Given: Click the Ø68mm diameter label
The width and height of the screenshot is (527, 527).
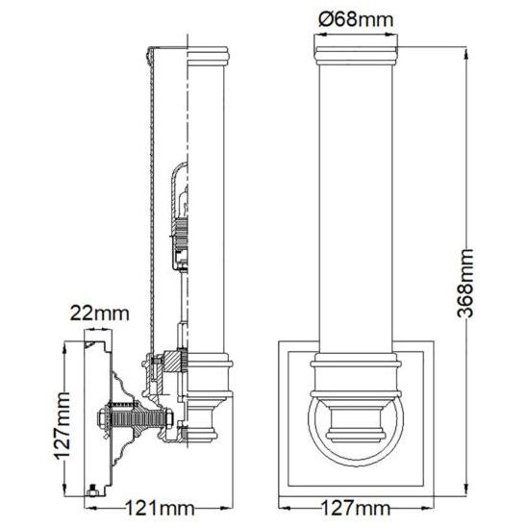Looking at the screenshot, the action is click(x=356, y=19).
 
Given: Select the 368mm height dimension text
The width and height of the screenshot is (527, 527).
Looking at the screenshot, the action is click(x=465, y=284).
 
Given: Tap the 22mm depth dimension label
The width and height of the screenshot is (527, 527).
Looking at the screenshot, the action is click(x=99, y=314).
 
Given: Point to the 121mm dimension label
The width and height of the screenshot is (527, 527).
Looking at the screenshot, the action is click(x=160, y=508).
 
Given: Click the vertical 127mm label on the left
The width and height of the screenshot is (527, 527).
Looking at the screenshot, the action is click(x=63, y=425).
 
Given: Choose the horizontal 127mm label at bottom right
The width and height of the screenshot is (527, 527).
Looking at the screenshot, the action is click(x=356, y=508).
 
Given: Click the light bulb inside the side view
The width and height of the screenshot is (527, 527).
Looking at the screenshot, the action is click(x=182, y=204).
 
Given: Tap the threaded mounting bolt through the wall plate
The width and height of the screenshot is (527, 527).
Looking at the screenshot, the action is click(x=135, y=418).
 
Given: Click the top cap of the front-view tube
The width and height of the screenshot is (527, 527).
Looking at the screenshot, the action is click(x=356, y=56).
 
